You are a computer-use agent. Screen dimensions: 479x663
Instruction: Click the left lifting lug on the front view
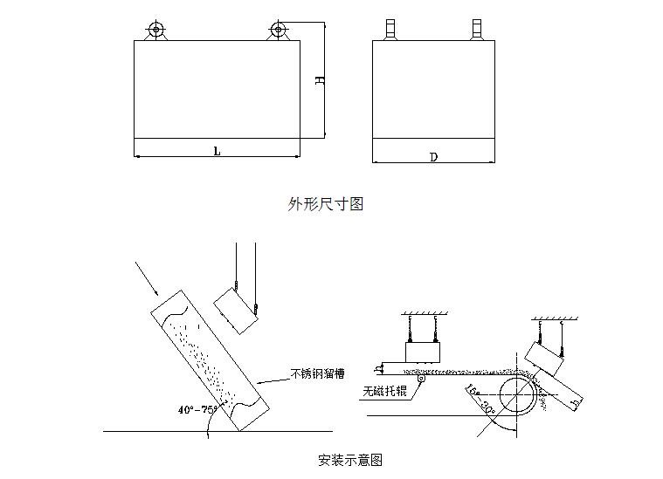[x=155, y=30]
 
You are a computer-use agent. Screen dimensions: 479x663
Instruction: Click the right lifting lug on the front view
[x=279, y=30]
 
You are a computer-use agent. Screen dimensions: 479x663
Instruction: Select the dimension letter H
[x=320, y=79]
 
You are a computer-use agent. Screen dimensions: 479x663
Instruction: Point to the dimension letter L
[x=217, y=151]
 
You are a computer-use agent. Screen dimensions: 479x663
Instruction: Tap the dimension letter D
[x=433, y=157]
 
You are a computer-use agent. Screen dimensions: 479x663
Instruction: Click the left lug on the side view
[x=390, y=29]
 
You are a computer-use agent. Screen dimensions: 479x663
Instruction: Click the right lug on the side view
[x=476, y=29]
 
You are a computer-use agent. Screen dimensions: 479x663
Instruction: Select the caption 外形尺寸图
[x=325, y=204]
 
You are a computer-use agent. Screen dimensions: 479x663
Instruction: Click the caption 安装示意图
[x=349, y=459]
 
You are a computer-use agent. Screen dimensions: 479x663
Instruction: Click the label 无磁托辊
[x=384, y=392]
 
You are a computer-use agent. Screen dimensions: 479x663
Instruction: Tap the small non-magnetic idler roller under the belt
[x=423, y=379]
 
